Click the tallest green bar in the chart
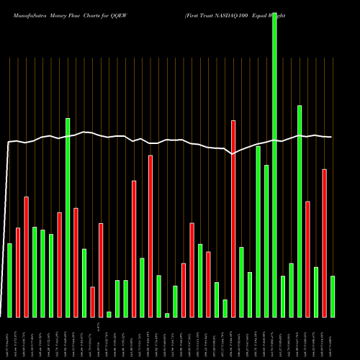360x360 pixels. [x=274, y=158]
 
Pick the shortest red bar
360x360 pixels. [x=93, y=302]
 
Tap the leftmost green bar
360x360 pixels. [x=10, y=280]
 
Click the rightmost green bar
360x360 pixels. [x=333, y=296]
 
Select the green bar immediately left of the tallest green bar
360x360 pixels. [x=266, y=241]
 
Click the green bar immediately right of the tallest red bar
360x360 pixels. [x=241, y=282]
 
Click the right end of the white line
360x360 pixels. [x=331, y=137]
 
